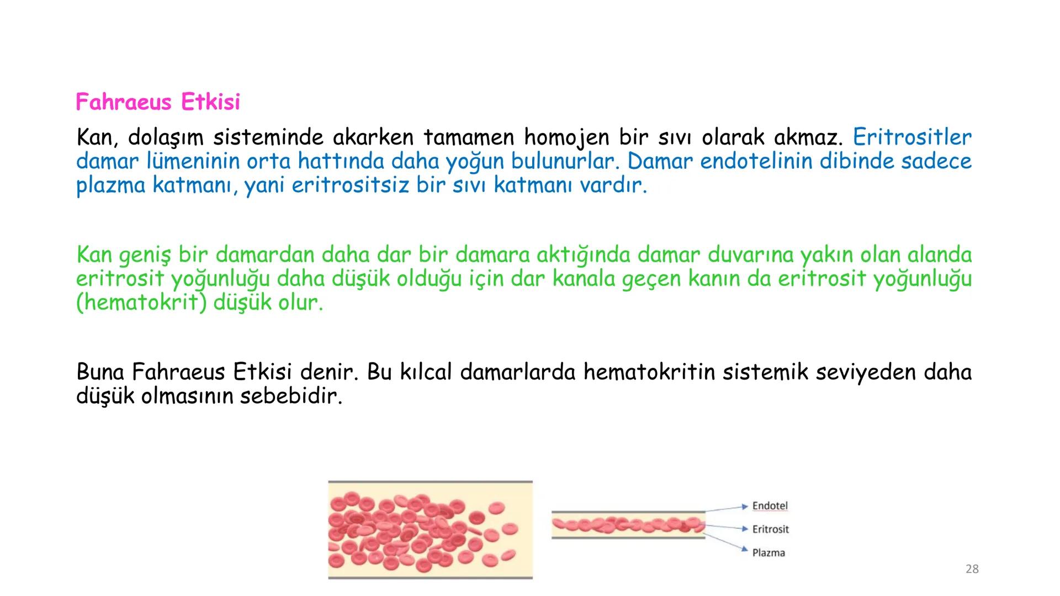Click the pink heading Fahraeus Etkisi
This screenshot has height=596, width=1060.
158,102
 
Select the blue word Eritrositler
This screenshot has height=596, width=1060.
912,137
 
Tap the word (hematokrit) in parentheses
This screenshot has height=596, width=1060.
141,303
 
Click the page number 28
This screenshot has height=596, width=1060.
972,569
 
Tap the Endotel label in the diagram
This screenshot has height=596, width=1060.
770,506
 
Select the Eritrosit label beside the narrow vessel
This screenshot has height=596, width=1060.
770,529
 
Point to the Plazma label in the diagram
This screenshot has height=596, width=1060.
768,552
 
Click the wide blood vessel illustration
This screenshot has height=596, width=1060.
430,530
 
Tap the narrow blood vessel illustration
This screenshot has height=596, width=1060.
628,525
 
